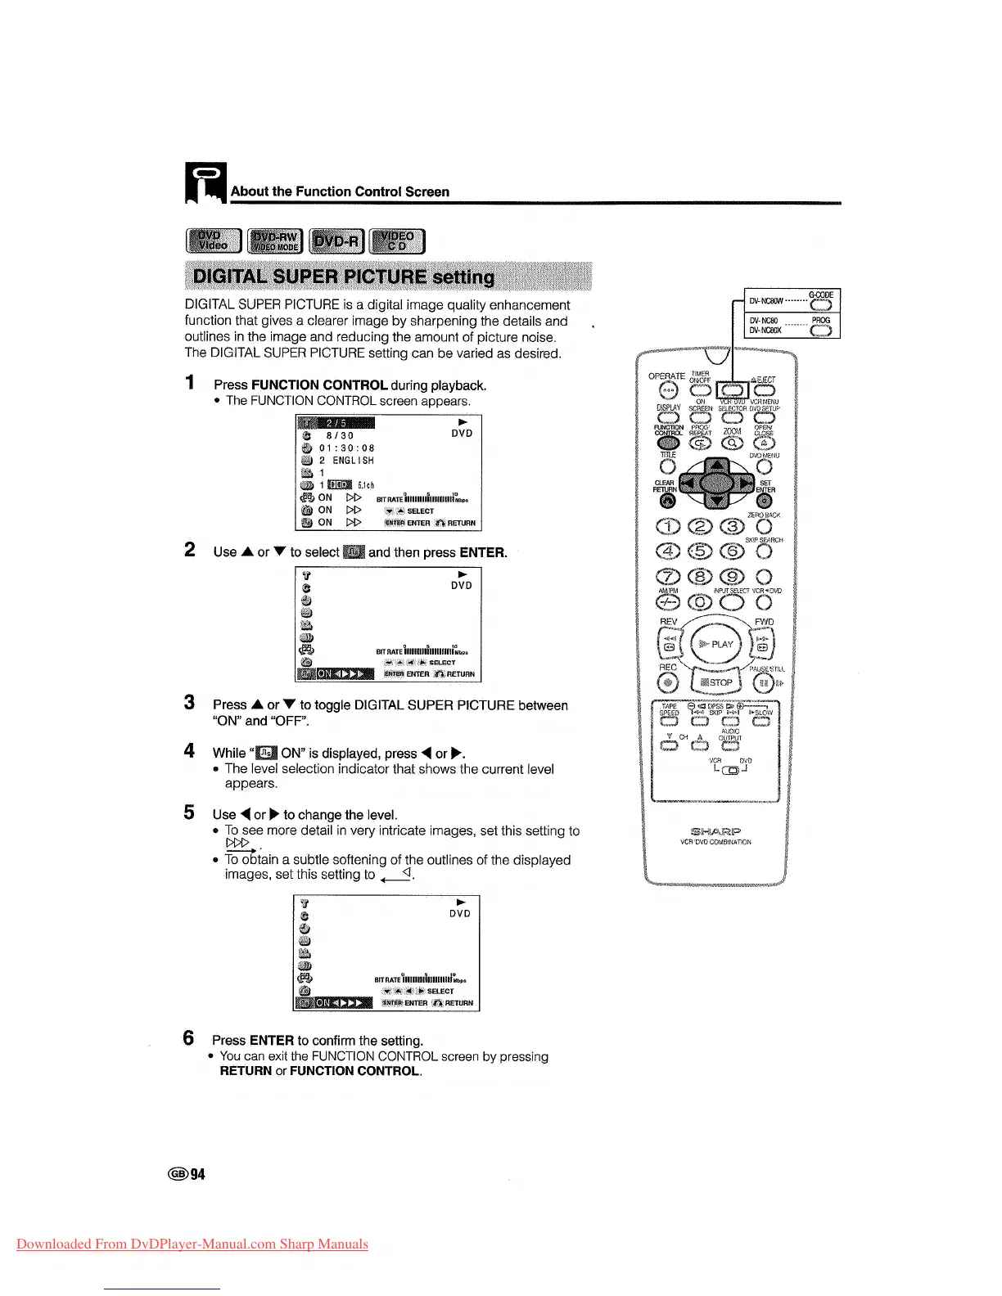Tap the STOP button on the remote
[x=716, y=682]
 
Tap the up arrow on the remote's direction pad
[x=717, y=466]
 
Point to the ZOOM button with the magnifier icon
[x=732, y=443]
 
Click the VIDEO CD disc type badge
[x=397, y=241]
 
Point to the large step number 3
[x=190, y=703]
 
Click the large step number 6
[x=189, y=1038]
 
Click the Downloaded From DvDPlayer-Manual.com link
[x=192, y=1244]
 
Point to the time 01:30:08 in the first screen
[x=346, y=448]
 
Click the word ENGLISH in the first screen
[x=353, y=461]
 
